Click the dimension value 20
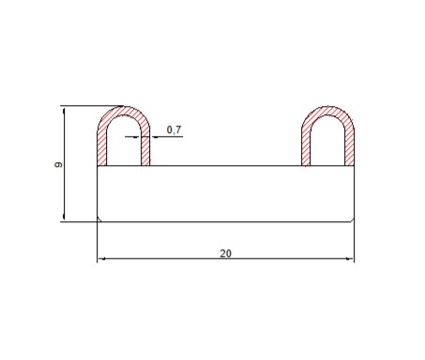tap(225, 253)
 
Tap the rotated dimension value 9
tap(58, 164)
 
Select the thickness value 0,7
tap(174, 129)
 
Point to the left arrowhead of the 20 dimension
tap(101, 259)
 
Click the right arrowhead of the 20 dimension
tap(350, 259)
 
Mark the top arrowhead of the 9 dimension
tap(64, 112)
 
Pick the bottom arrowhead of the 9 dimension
tap(64, 217)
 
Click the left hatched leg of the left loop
tap(102, 148)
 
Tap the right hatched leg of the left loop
tap(145, 148)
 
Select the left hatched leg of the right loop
tap(306, 148)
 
